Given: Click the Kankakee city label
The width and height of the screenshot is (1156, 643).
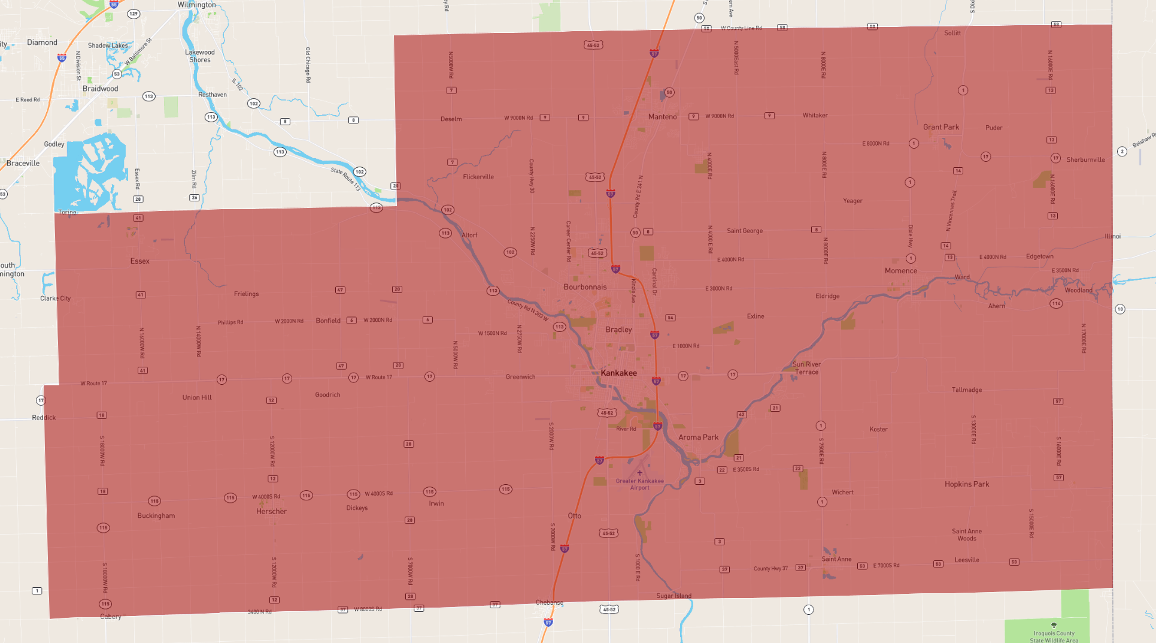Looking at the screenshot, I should point(618,373).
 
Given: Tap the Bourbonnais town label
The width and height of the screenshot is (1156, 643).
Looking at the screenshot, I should point(585,287).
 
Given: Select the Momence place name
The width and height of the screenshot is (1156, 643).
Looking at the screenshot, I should point(900,271).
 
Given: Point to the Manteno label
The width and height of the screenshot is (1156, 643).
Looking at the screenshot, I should point(662,117).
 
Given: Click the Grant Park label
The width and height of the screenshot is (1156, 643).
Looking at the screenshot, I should point(940,127).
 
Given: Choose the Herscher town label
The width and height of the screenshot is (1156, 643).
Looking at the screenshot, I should point(271,511).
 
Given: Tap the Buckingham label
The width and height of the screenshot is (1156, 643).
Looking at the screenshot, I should point(156,515).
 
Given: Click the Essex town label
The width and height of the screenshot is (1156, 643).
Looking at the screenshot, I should point(139,261).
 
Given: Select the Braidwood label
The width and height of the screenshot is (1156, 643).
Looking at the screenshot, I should point(100,89).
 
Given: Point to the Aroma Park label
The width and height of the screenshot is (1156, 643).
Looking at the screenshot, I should point(698,437).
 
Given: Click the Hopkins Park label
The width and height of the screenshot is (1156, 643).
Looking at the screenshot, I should point(966,484).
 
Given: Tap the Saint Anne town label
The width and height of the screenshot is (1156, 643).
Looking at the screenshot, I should point(836,559).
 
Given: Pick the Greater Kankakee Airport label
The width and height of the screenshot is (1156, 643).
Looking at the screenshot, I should point(639,484).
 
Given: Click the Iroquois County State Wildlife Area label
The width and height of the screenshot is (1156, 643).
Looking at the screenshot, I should point(1053,636).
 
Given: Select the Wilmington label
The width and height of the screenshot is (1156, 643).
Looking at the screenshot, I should point(196,5).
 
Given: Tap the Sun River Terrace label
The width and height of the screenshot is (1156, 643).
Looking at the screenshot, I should point(806,368).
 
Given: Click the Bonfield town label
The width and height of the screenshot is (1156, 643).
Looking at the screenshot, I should point(327,321).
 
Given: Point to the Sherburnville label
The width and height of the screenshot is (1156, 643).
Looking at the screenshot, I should point(1085,160).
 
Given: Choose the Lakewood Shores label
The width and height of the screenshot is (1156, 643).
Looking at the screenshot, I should point(199,56).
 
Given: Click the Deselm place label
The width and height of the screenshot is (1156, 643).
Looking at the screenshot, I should point(451,119).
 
